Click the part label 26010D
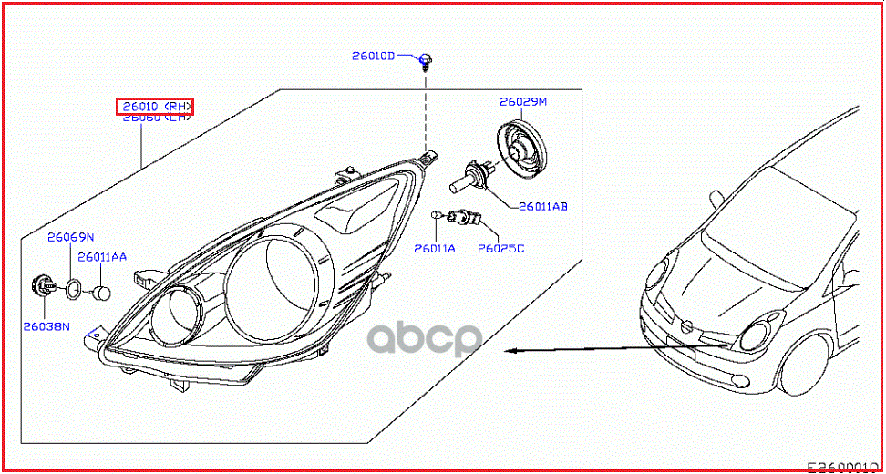tap(374, 56)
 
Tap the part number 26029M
tap(522, 102)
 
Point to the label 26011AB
tap(543, 207)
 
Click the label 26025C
tap(501, 248)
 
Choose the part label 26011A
tap(434, 248)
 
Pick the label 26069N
tap(71, 237)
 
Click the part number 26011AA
tap(101, 257)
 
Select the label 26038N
tap(47, 325)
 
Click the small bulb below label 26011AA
tap(102, 294)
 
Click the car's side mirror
tap(715, 196)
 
